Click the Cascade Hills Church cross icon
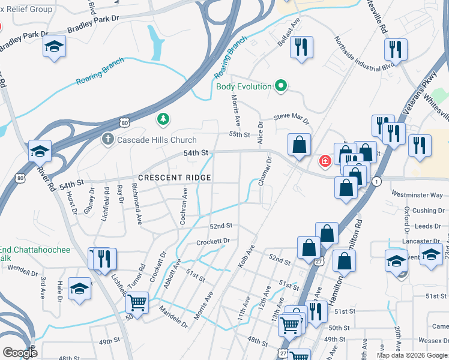click(107, 140)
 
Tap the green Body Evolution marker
click(281, 86)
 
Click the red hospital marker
click(325, 161)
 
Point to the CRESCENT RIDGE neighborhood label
click(175, 178)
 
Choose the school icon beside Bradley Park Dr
click(55, 47)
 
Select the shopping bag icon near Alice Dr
click(298, 145)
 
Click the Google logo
click(20, 353)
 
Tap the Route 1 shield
click(376, 181)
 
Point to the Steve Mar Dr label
click(291, 118)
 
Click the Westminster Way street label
click(417, 195)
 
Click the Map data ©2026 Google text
click(412, 355)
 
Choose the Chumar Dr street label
click(266, 172)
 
